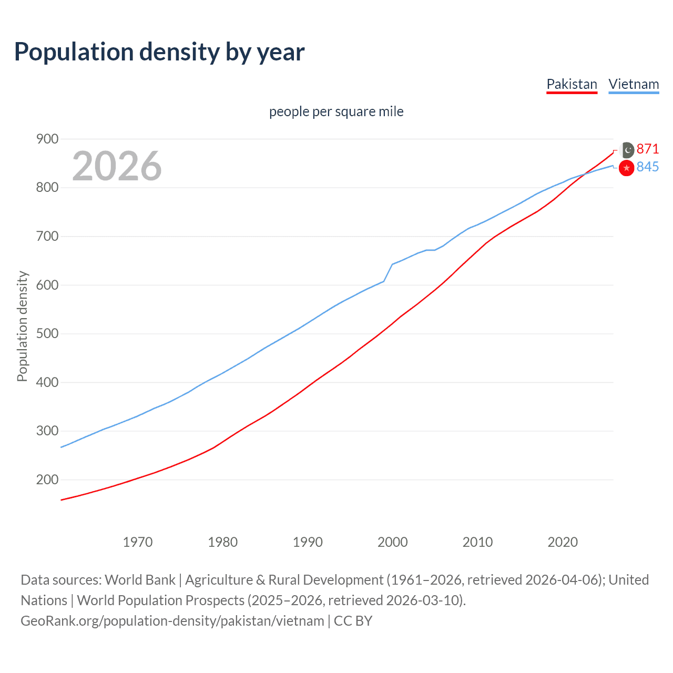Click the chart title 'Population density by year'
click(159, 52)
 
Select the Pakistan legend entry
click(572, 84)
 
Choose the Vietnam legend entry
click(634, 84)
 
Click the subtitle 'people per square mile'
click(336, 111)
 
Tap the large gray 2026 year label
click(117, 166)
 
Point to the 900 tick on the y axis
click(47, 139)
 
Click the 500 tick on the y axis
click(47, 333)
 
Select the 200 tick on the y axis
click(47, 480)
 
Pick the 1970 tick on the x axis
click(138, 542)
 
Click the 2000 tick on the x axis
click(392, 542)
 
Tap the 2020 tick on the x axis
click(563, 542)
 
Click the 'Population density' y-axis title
click(22, 326)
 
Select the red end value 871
click(647, 149)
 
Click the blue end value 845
click(647, 167)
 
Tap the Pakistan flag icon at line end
click(627, 150)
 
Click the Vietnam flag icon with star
click(626, 168)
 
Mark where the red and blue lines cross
click(585, 174)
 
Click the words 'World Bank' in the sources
click(140, 580)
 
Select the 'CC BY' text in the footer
click(353, 621)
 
